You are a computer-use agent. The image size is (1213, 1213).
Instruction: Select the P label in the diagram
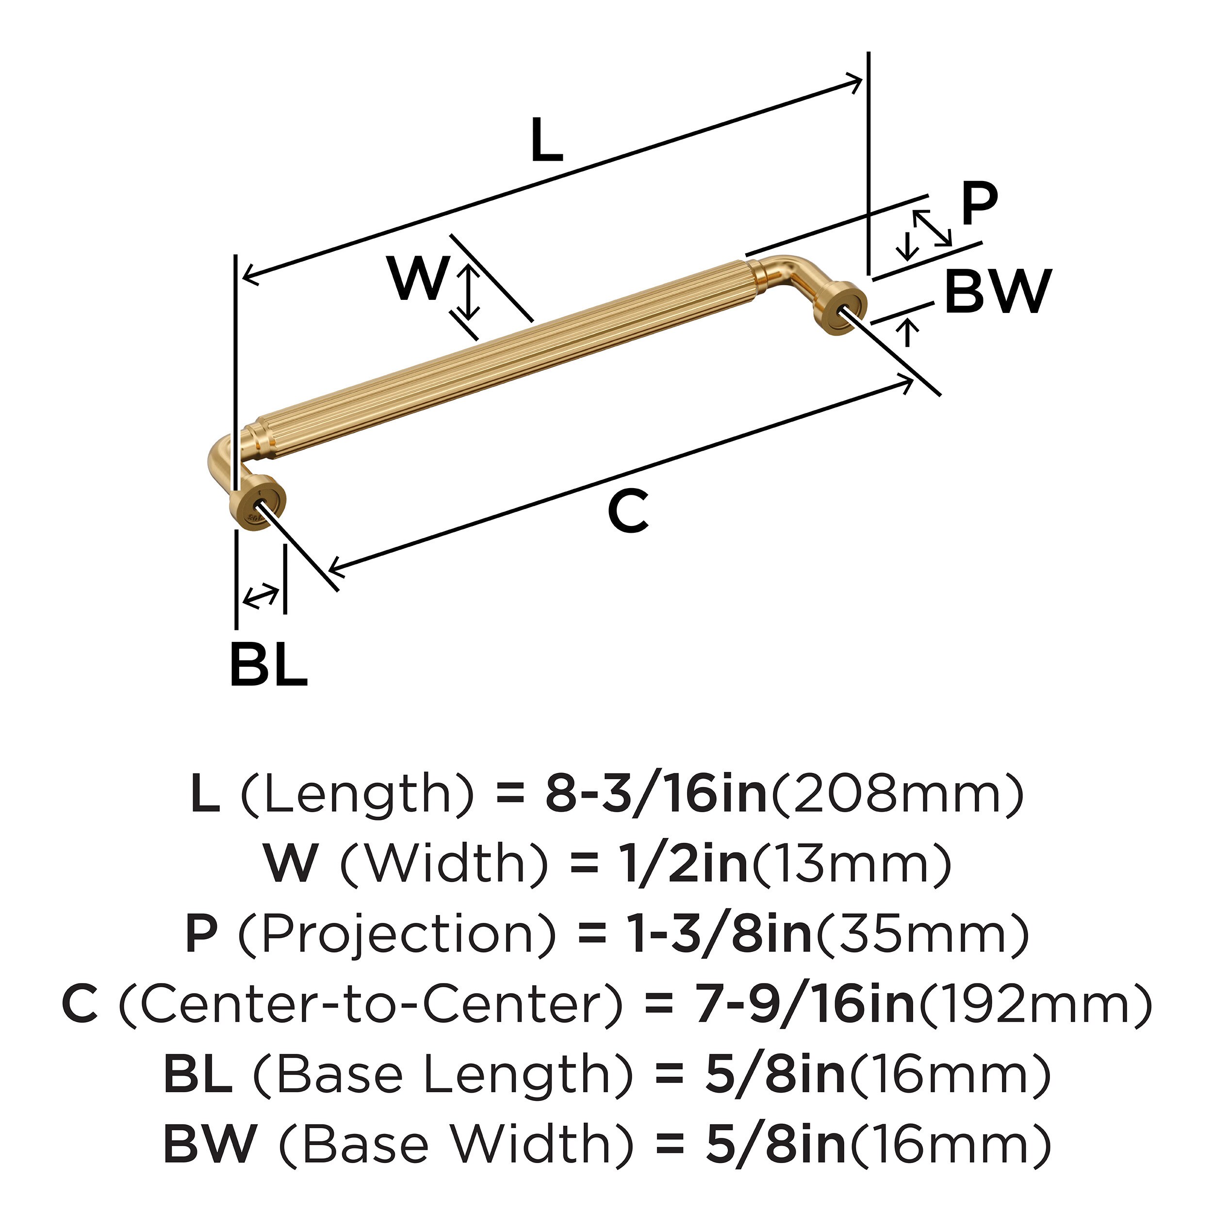tap(979, 204)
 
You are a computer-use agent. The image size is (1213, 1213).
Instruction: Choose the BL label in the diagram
tap(268, 664)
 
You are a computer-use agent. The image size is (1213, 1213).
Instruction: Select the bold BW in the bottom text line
tap(210, 1144)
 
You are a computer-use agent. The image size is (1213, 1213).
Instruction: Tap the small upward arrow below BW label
tap(907, 331)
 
